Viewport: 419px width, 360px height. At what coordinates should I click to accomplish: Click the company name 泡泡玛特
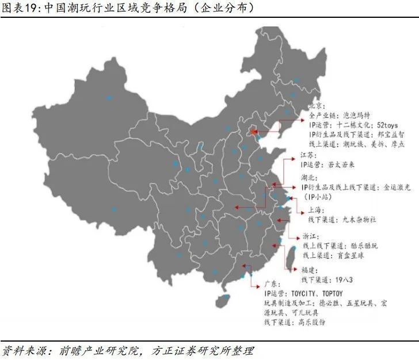click(x=357, y=115)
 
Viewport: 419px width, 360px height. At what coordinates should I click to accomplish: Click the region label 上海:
click(x=314, y=209)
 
